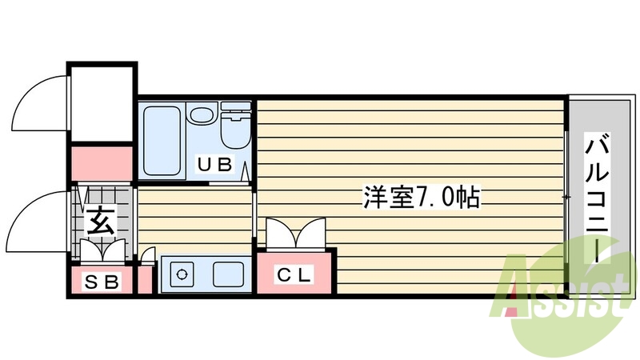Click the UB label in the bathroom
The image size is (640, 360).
pyautogui.click(x=215, y=166)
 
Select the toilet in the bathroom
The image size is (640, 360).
pyautogui.click(x=235, y=128)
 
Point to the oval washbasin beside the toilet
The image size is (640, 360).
pyautogui.click(x=201, y=114)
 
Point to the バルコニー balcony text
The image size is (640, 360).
pyautogui.click(x=598, y=198)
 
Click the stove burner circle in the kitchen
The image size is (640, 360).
pyautogui.click(x=182, y=274)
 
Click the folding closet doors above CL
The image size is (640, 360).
pyautogui.click(x=294, y=235)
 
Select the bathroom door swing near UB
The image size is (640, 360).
pyautogui.click(x=245, y=170)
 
